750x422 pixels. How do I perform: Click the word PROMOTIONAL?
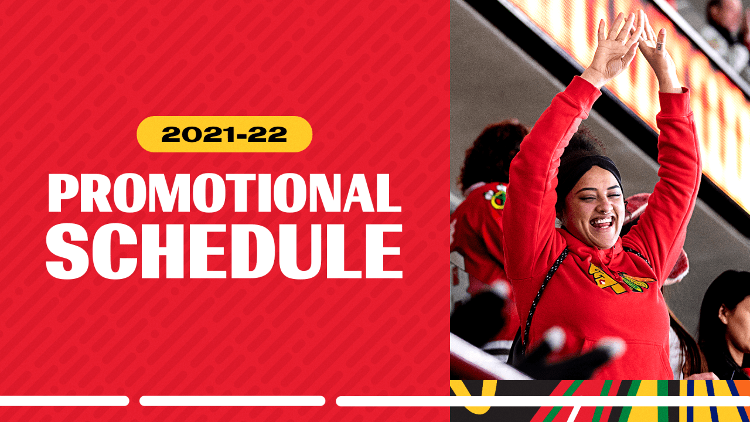pyautogui.click(x=224, y=193)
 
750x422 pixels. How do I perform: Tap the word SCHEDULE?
pyautogui.click(x=224, y=251)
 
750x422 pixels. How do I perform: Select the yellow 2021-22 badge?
pyautogui.click(x=224, y=134)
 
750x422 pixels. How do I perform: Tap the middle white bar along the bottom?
pyautogui.click(x=232, y=401)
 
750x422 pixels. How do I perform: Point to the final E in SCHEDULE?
pyautogui.click(x=383, y=251)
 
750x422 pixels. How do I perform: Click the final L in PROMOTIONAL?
pyautogui.click(x=387, y=193)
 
